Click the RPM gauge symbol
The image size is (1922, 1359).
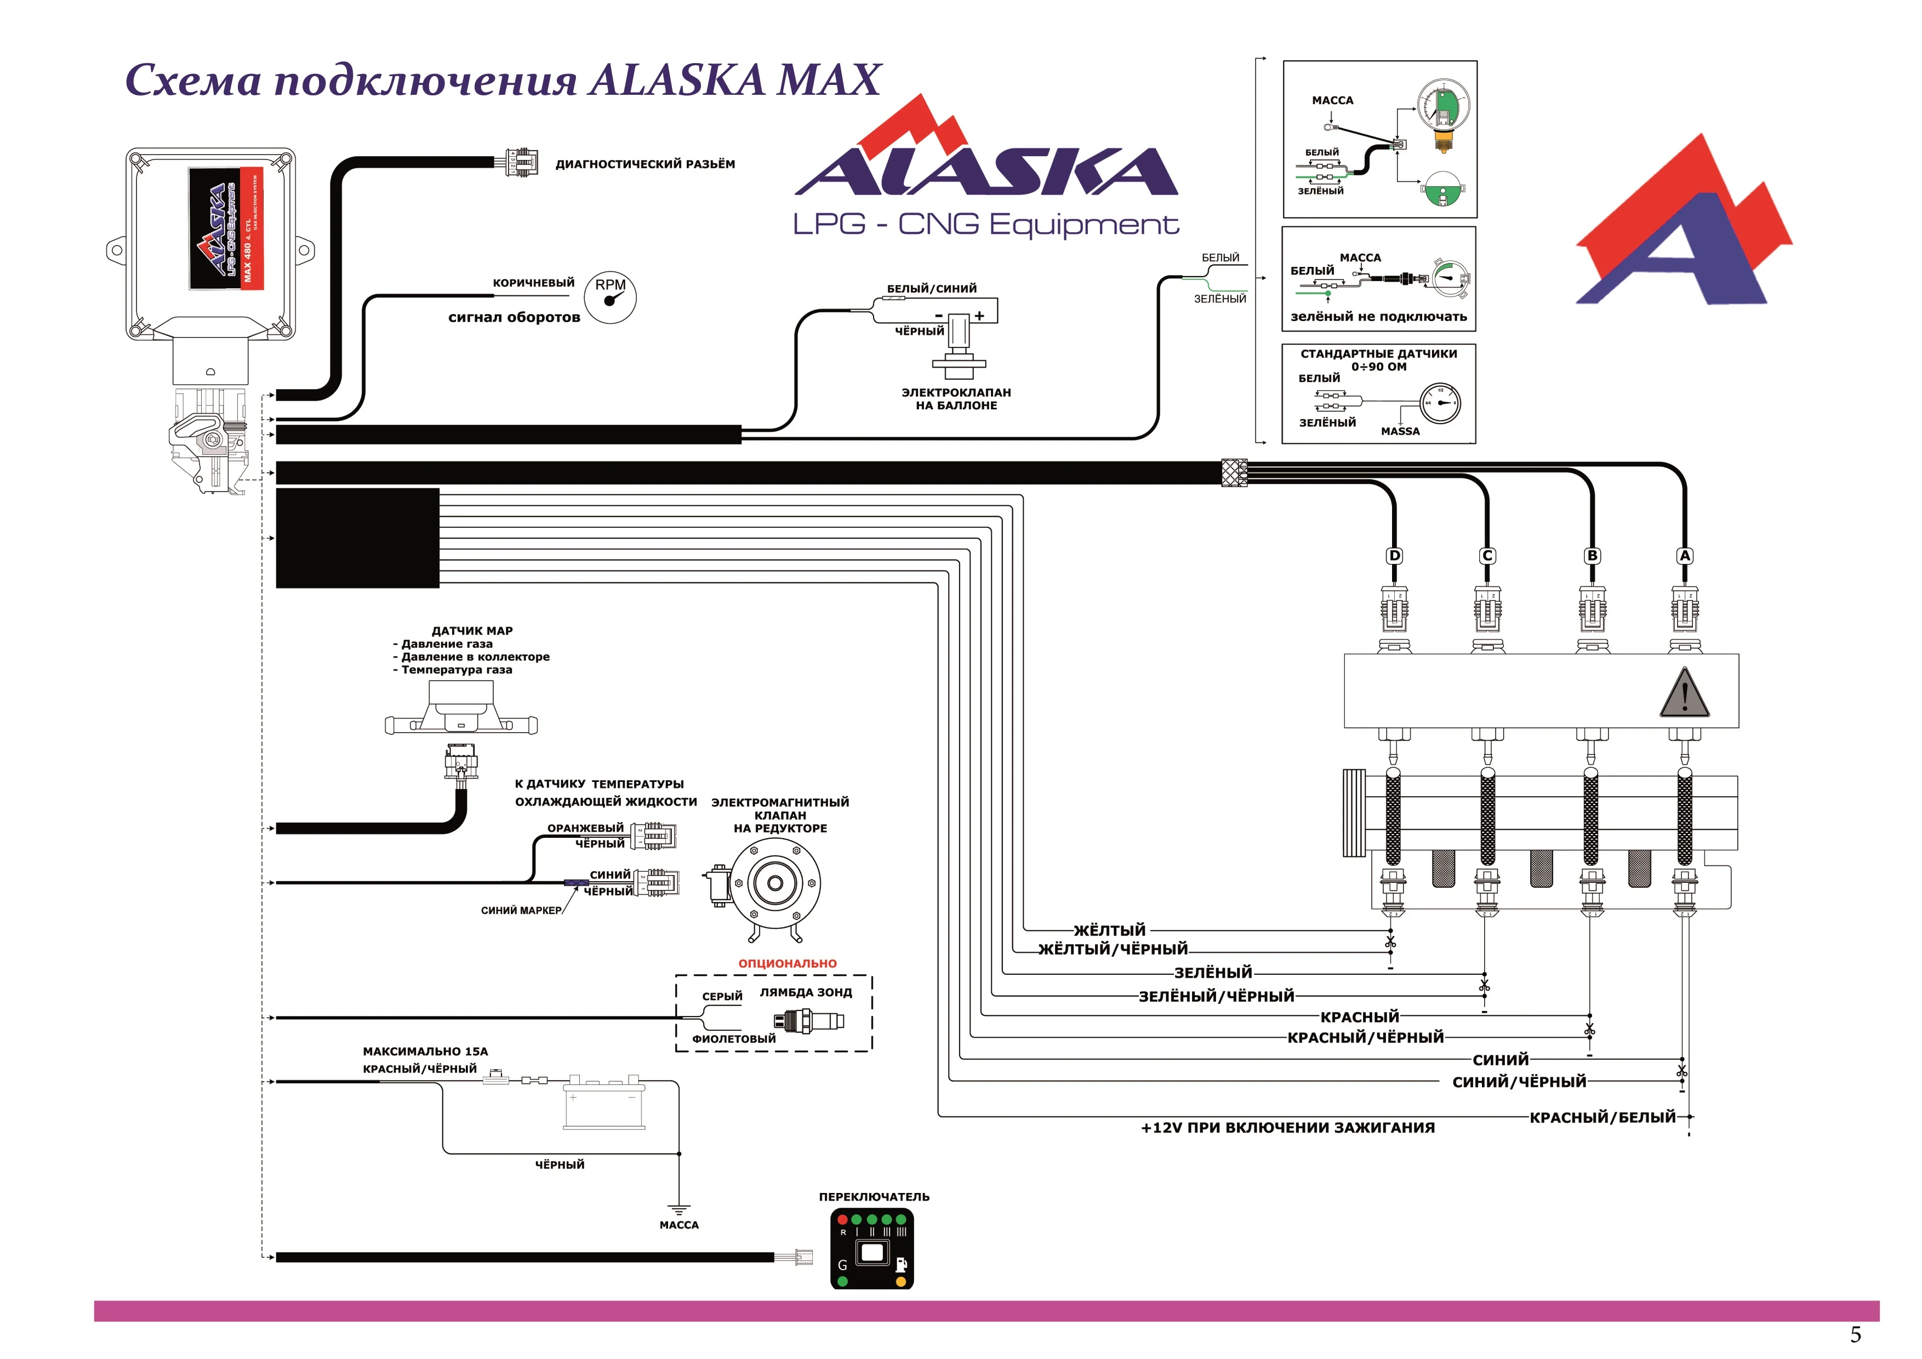pyautogui.click(x=611, y=297)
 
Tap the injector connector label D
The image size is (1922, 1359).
pyautogui.click(x=1394, y=556)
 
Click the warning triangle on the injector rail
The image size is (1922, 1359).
pyautogui.click(x=1684, y=693)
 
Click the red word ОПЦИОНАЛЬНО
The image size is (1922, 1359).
pyautogui.click(x=787, y=963)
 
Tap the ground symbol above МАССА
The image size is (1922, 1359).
pyautogui.click(x=678, y=1209)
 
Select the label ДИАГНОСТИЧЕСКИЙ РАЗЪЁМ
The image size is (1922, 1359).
pyautogui.click(x=645, y=164)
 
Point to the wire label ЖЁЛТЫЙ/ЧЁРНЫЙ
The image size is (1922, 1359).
pyautogui.click(x=1113, y=949)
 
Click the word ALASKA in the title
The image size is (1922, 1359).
pyautogui.click(x=676, y=81)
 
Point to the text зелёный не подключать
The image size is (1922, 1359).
pyautogui.click(x=1378, y=316)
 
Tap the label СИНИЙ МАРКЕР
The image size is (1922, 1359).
pyautogui.click(x=521, y=910)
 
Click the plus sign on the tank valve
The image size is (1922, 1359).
pyautogui.click(x=979, y=316)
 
